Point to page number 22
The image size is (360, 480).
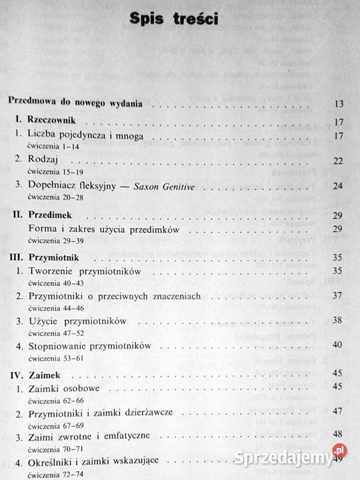[337, 161]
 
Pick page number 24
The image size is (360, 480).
[337, 186]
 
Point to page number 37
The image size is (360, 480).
[337, 295]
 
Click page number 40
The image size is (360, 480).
[337, 345]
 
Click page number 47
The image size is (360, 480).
[337, 411]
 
